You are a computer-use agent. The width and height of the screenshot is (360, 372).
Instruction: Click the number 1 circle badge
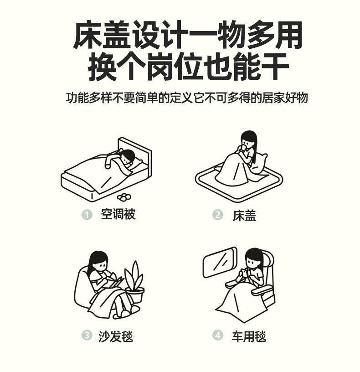click(x=87, y=215)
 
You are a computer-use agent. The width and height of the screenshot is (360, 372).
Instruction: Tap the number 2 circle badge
click(x=218, y=215)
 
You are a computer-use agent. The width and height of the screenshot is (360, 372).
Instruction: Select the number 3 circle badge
click(x=87, y=335)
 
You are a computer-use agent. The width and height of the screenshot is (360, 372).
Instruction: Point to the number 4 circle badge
click(x=218, y=335)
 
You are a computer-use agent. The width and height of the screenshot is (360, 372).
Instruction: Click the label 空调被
click(x=118, y=214)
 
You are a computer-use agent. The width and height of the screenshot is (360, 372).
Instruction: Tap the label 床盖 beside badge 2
click(x=244, y=216)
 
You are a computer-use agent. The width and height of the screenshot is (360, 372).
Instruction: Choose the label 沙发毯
click(x=116, y=336)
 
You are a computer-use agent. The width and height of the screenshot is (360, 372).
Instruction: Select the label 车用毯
click(x=249, y=336)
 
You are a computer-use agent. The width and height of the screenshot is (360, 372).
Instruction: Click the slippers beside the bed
click(x=124, y=197)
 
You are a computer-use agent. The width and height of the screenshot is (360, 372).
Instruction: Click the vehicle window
click(x=220, y=262)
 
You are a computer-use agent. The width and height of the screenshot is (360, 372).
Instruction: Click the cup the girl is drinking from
click(x=242, y=149)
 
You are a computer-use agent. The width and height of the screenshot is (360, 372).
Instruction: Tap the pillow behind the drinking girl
click(x=259, y=164)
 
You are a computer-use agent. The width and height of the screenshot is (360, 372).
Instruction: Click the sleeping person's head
click(x=127, y=156)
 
